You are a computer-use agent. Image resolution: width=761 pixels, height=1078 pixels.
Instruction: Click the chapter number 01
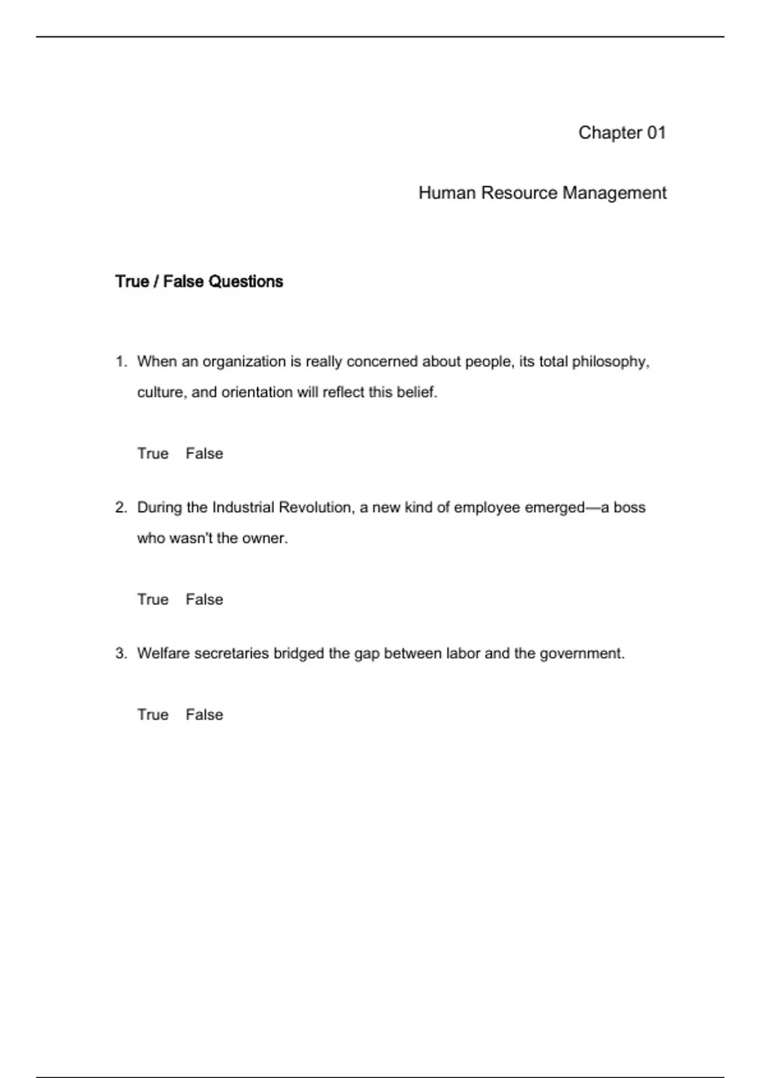[656, 133]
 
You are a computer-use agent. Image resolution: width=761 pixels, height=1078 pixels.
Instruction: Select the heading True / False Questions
[199, 282]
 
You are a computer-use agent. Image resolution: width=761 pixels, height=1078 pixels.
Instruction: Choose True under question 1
[153, 453]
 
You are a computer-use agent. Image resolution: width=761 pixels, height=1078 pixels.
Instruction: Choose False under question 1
[204, 453]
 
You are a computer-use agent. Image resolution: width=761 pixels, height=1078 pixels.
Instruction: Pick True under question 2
[153, 599]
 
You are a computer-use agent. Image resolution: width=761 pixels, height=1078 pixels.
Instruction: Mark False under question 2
[204, 599]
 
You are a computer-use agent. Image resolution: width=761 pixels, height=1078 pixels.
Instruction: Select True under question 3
[153, 715]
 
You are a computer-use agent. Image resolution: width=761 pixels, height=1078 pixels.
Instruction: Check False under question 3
[204, 715]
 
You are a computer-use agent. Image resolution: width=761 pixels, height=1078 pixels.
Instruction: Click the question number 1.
[120, 361]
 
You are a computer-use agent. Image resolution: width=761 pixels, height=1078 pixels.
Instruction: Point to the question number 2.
[120, 507]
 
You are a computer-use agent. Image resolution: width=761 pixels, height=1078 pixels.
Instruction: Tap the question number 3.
[120, 653]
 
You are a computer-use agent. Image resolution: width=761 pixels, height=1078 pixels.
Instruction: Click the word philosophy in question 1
[610, 362]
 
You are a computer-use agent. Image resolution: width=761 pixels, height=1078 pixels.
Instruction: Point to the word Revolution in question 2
[316, 507]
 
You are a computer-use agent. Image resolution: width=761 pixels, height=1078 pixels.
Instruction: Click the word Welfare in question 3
[163, 653]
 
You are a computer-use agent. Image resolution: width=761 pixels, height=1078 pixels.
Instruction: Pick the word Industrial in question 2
[243, 507]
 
